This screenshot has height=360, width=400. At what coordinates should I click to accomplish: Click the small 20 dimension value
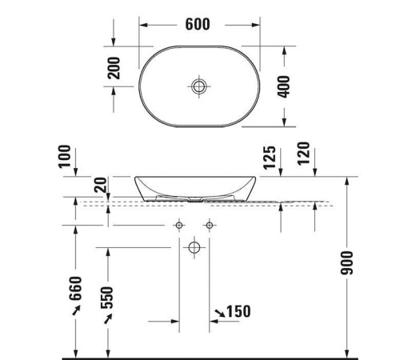[x=99, y=186]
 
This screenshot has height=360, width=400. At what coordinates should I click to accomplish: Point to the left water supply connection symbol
[x=180, y=225]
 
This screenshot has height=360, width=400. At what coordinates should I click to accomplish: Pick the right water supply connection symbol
[x=210, y=225]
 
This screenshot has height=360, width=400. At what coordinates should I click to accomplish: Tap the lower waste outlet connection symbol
[x=194, y=248]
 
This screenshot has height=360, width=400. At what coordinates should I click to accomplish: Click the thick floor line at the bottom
[x=208, y=355]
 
